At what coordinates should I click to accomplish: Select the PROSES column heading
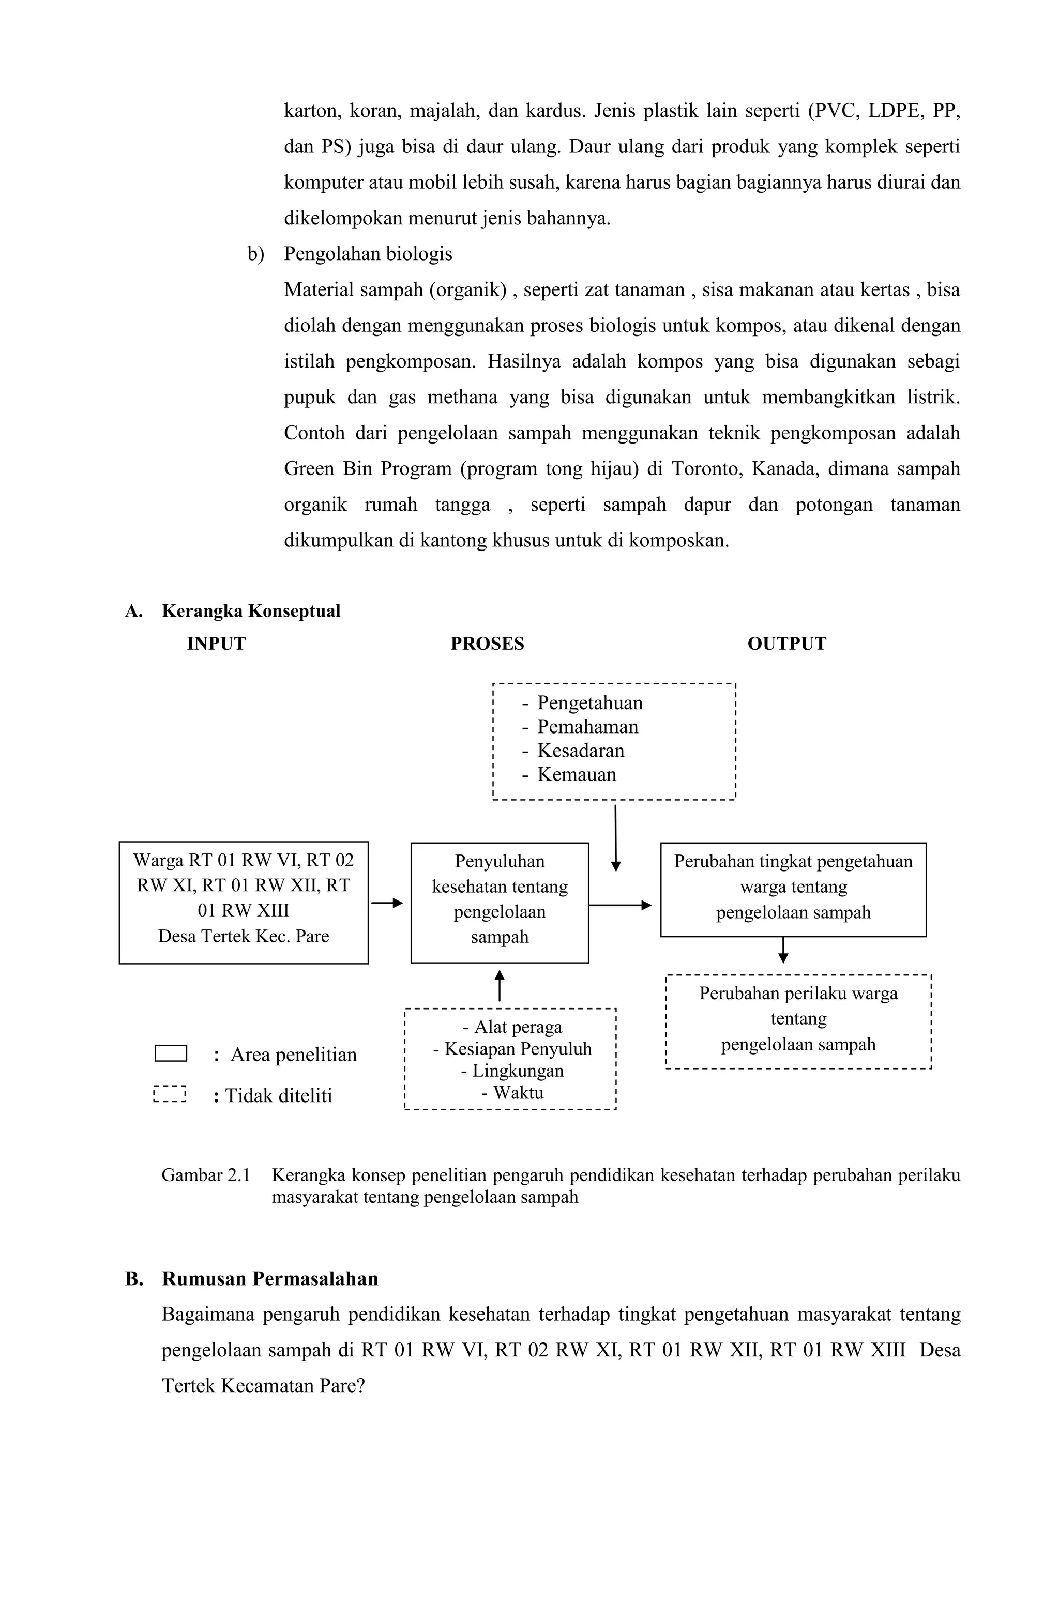pyautogui.click(x=487, y=644)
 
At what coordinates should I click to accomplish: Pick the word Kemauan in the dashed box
pyautogui.click(x=577, y=774)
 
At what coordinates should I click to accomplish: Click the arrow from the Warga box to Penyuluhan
pyautogui.click(x=387, y=903)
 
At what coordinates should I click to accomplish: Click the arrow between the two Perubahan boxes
pyautogui.click(x=783, y=950)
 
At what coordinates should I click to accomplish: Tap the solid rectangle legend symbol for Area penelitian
pyautogui.click(x=171, y=1053)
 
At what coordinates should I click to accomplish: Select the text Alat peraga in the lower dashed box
pyautogui.click(x=518, y=1027)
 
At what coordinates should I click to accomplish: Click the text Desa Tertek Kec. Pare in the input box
pyautogui.click(x=244, y=936)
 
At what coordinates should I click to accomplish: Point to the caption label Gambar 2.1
pyautogui.click(x=205, y=1175)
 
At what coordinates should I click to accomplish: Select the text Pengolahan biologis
pyautogui.click(x=368, y=254)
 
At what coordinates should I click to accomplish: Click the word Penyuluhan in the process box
pyautogui.click(x=500, y=861)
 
